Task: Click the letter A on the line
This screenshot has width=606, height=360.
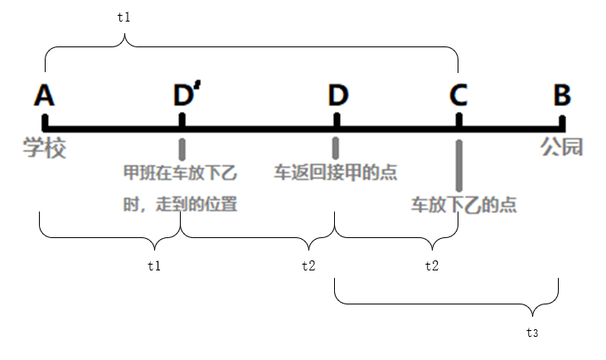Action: click(x=45, y=95)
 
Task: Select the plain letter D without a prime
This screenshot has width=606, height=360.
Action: click(x=337, y=95)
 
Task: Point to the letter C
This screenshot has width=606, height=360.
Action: click(x=458, y=95)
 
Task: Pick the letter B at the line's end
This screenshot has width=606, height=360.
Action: click(x=562, y=95)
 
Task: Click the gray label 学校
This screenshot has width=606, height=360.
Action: click(x=44, y=149)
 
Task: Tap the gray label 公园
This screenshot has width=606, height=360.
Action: click(x=562, y=148)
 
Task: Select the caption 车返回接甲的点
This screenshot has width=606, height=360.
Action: click(x=336, y=173)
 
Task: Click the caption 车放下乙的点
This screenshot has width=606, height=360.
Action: click(x=463, y=205)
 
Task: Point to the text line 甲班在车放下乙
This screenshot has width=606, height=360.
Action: click(x=180, y=173)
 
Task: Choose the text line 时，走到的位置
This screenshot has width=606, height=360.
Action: click(x=180, y=203)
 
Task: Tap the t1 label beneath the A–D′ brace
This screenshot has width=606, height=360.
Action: click(x=153, y=265)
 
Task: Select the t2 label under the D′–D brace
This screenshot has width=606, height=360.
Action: click(x=308, y=265)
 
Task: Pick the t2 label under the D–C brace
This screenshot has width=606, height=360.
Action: click(x=432, y=265)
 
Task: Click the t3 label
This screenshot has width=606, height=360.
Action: click(x=532, y=333)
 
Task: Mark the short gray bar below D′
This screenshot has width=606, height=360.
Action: click(x=182, y=148)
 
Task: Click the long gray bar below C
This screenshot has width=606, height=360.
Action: click(x=458, y=166)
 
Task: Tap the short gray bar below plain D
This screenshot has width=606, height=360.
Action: click(x=336, y=148)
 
